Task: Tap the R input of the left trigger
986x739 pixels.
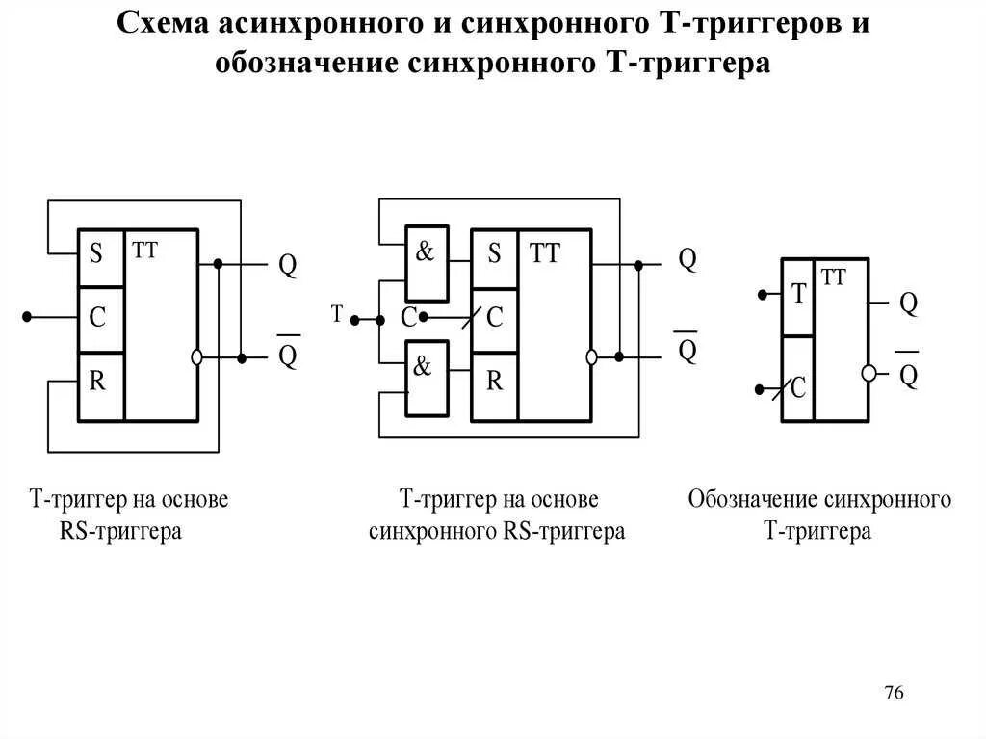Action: pyautogui.click(x=97, y=382)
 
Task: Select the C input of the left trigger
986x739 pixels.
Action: pyautogui.click(x=97, y=318)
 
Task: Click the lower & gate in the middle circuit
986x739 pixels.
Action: pyautogui.click(x=426, y=377)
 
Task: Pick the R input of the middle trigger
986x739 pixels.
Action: pyautogui.click(x=494, y=382)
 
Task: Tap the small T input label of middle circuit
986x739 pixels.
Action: pyautogui.click(x=337, y=313)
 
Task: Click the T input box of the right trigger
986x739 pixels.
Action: pyautogui.click(x=797, y=296)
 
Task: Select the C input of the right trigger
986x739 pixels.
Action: pyautogui.click(x=797, y=388)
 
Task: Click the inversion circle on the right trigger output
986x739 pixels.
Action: pyautogui.click(x=869, y=373)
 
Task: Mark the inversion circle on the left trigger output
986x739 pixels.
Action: pyautogui.click(x=197, y=356)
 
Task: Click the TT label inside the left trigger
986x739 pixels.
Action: pyautogui.click(x=145, y=250)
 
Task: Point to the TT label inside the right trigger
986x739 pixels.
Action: pyautogui.click(x=834, y=277)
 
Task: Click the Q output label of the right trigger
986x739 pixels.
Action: pyautogui.click(x=908, y=304)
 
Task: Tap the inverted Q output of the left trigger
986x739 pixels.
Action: pyautogui.click(x=288, y=356)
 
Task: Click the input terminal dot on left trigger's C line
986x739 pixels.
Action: pyautogui.click(x=29, y=316)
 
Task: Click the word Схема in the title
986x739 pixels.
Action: pyautogui.click(x=163, y=24)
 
